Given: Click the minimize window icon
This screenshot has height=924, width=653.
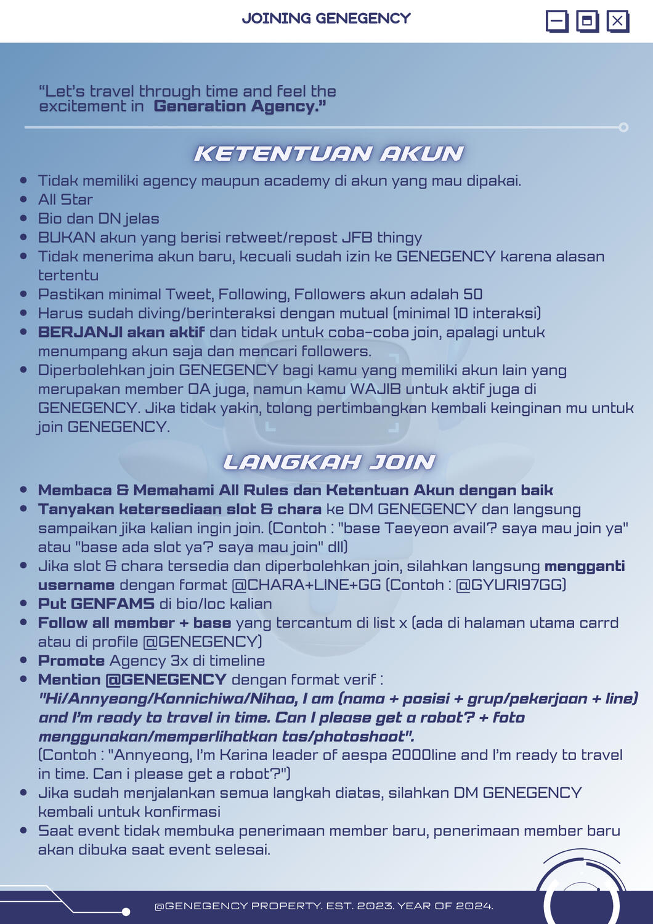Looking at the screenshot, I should pyautogui.click(x=557, y=22).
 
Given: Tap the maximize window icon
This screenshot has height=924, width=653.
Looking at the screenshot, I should pyautogui.click(x=587, y=22).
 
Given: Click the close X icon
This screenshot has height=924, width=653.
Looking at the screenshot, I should pyautogui.click(x=617, y=22).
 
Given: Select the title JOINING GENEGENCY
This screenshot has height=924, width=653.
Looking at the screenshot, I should pyautogui.click(x=326, y=18).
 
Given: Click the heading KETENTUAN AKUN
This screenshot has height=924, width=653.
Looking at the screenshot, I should pyautogui.click(x=328, y=153).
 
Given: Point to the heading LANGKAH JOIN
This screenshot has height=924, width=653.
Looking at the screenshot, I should pyautogui.click(x=328, y=462).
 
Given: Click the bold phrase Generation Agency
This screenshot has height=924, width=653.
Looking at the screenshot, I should pyautogui.click(x=240, y=107).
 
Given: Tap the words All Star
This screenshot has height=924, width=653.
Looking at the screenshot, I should pyautogui.click(x=65, y=200).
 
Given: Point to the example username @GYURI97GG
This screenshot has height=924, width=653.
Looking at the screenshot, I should pyautogui.click(x=510, y=585).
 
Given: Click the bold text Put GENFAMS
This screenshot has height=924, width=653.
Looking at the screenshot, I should pyautogui.click(x=96, y=604).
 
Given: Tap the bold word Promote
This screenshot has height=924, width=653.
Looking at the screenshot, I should pyautogui.click(x=71, y=661).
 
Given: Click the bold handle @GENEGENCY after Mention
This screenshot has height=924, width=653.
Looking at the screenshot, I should pyautogui.click(x=166, y=679).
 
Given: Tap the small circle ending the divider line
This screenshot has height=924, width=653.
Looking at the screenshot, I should pyautogui.click(x=623, y=128).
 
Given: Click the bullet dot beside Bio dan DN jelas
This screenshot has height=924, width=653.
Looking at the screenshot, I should pyautogui.click(x=24, y=219).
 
